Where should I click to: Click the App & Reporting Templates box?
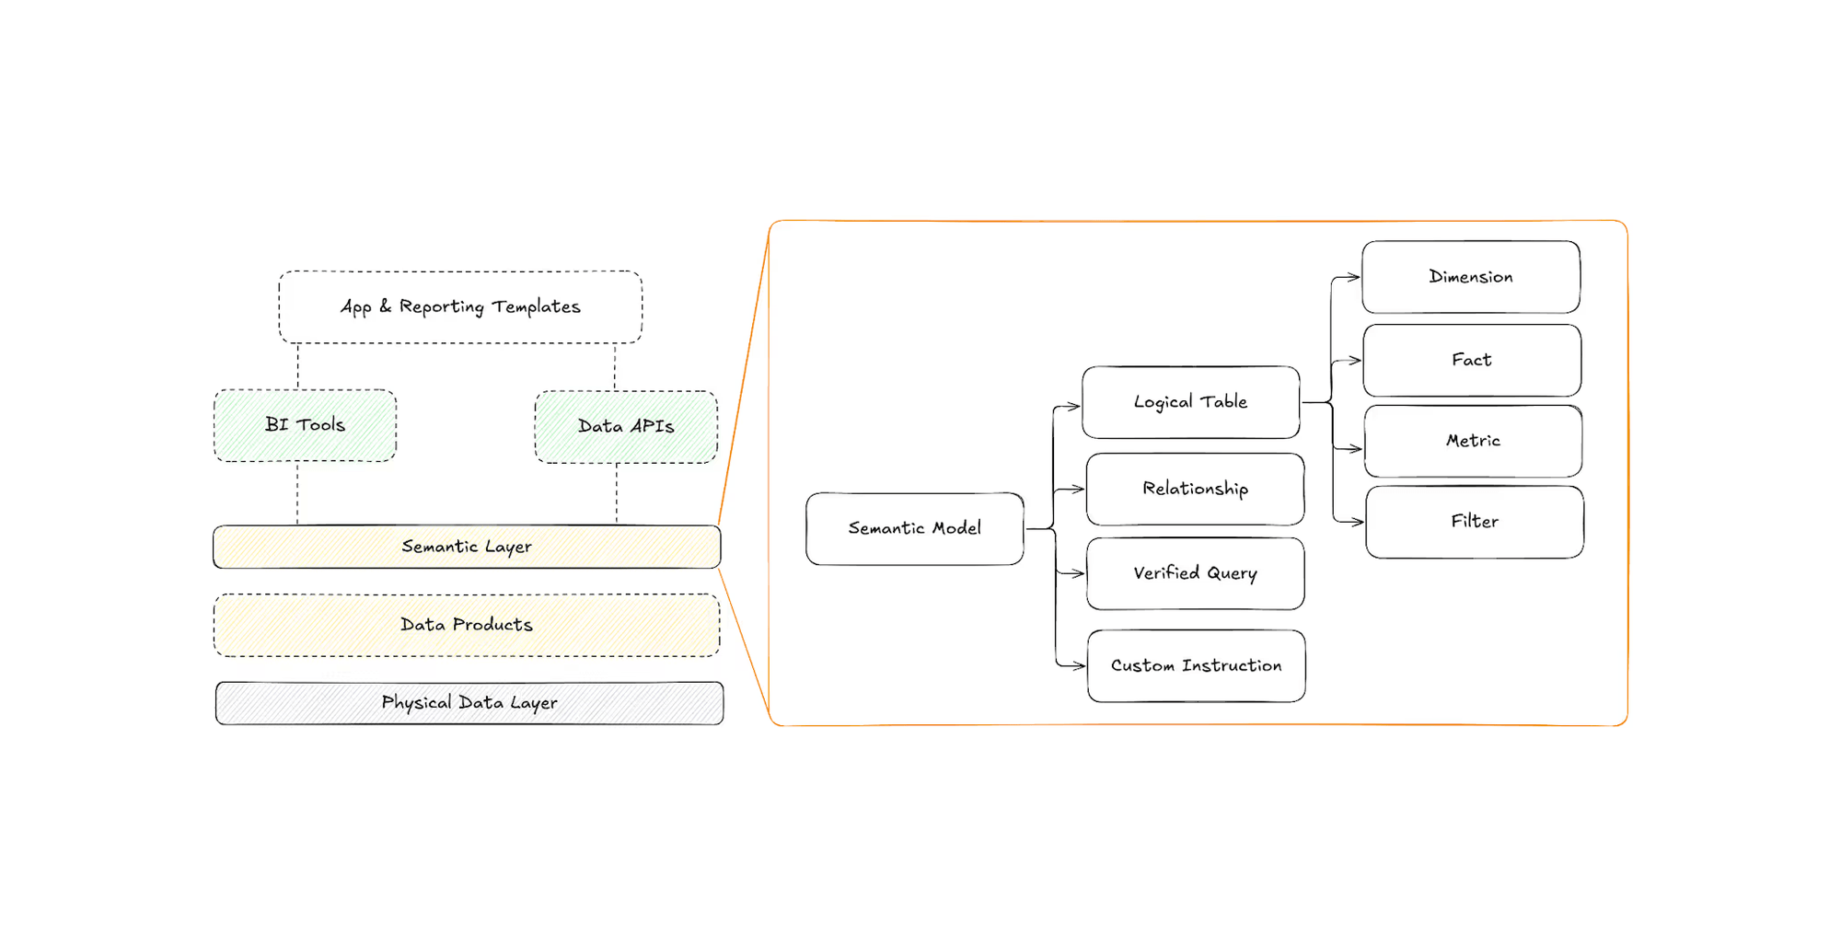460,307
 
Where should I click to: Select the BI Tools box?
305,425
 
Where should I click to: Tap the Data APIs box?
626,427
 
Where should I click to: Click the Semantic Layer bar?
467,548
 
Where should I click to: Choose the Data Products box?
467,626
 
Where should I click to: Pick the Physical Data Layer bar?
469,704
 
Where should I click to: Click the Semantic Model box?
914,529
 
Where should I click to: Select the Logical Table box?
1190,402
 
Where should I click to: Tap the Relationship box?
1195,489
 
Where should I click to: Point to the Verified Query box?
1195,573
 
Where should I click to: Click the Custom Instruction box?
1196,666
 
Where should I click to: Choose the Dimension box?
1470,277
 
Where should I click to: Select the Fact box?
1471,360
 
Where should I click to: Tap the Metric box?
1473,441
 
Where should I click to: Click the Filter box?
1474,522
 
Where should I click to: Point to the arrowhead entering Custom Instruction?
1080,665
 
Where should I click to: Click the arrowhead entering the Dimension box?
1354,277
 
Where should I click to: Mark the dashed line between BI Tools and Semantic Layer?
297,493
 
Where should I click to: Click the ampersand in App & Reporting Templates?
385,306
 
